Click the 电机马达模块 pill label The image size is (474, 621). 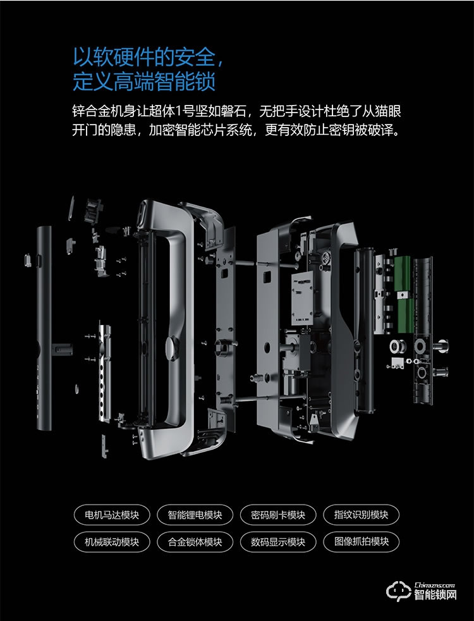click(x=112, y=515)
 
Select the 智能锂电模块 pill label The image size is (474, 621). click(x=195, y=515)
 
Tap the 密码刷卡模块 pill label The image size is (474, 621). click(x=278, y=515)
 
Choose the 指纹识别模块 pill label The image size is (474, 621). click(x=362, y=515)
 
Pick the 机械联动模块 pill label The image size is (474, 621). click(x=112, y=542)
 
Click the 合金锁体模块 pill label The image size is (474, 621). click(x=195, y=542)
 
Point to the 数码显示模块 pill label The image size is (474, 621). click(x=278, y=542)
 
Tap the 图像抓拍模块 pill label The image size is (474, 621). click(x=362, y=542)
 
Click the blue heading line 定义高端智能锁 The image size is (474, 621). click(x=145, y=82)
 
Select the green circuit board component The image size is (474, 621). click(x=403, y=294)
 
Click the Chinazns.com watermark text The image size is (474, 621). click(x=435, y=585)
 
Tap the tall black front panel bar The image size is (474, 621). click(x=44, y=328)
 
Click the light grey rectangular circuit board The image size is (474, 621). click(x=302, y=298)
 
